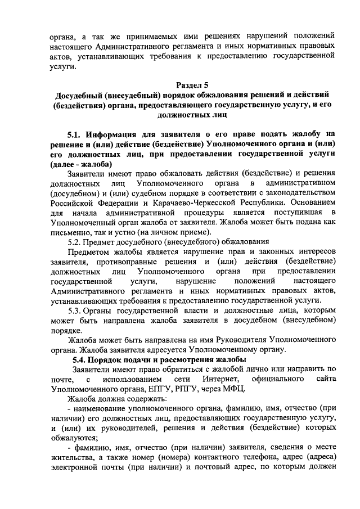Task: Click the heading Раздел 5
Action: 192,85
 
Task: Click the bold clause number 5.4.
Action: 82,359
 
